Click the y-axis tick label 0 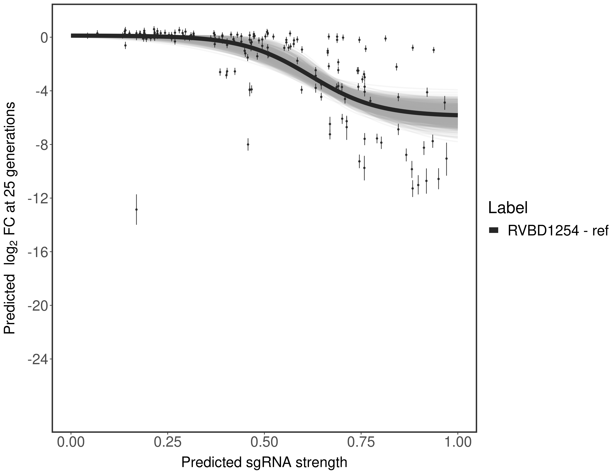[x=44, y=38]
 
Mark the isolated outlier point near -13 [x=136, y=209]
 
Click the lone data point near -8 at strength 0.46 [x=248, y=144]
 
